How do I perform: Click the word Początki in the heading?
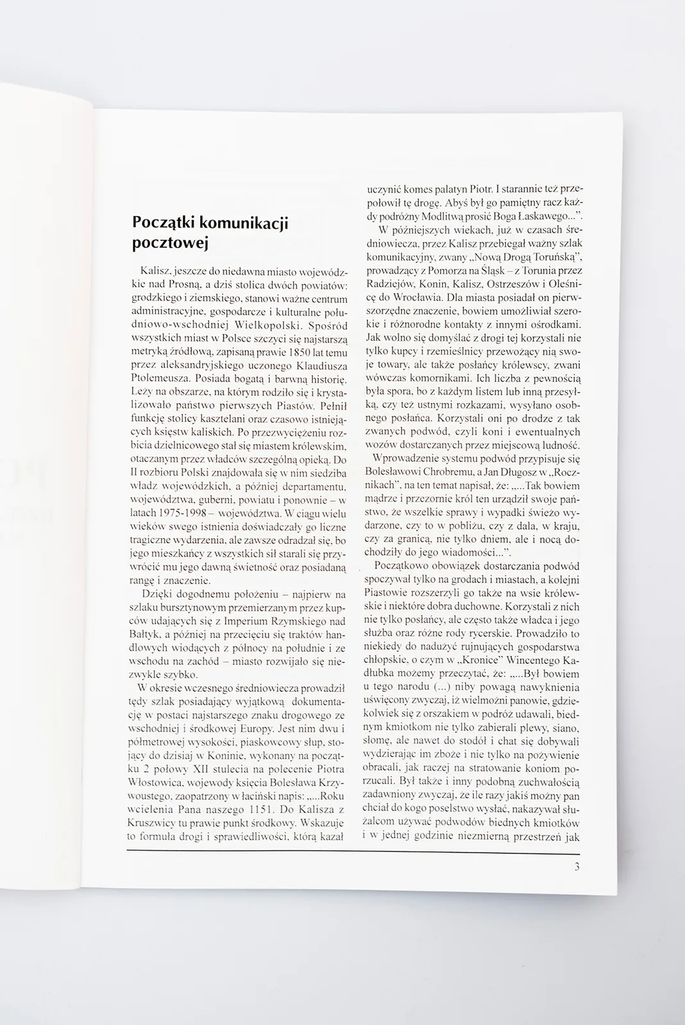(x=162, y=223)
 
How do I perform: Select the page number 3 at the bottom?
(x=577, y=868)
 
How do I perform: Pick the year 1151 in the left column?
(x=244, y=809)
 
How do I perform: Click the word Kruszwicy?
(x=149, y=823)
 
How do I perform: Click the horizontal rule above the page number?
(x=353, y=853)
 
